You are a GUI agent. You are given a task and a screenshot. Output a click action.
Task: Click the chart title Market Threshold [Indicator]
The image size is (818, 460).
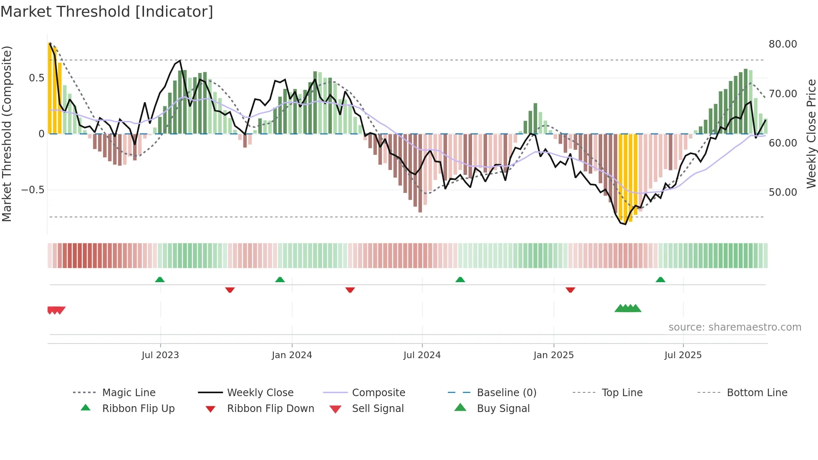tap(107, 12)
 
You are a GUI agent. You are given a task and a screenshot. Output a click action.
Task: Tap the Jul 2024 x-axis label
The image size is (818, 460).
tap(422, 355)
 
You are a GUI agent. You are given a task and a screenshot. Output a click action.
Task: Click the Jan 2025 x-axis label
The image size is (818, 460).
tap(553, 355)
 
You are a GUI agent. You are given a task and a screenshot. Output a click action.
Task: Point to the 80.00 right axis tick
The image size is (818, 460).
tap(783, 44)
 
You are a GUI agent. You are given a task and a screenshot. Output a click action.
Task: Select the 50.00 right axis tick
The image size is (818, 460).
tap(783, 192)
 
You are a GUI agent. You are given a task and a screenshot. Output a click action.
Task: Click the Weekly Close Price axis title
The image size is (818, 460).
tap(811, 134)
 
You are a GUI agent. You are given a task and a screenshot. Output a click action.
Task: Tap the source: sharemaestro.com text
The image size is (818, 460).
tap(735, 327)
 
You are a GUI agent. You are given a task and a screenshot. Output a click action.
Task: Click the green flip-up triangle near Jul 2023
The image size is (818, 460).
tap(160, 279)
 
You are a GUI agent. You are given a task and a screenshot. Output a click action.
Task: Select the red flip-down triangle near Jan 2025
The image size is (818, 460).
tap(570, 290)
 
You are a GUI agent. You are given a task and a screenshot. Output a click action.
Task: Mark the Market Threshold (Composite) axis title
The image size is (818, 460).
tap(7, 134)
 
